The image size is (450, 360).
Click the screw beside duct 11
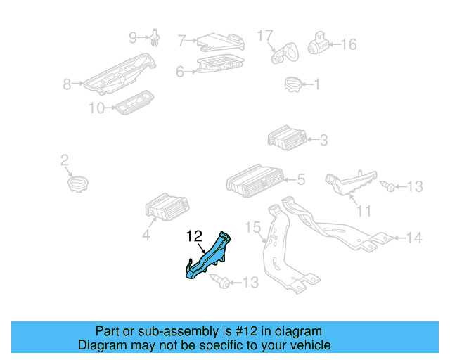(388, 186)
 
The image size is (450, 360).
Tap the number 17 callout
(264, 34)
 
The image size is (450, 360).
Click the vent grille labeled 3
(288, 138)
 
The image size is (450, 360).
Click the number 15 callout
(252, 226)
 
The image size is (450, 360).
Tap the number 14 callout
(414, 238)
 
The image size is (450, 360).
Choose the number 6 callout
(180, 71)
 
